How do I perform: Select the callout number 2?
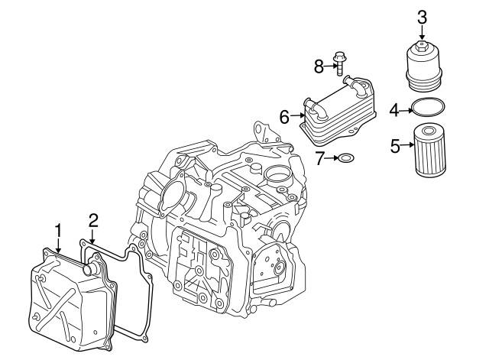(92, 221)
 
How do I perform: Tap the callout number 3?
(421, 15)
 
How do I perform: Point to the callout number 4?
(394, 111)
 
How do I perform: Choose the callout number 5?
(395, 145)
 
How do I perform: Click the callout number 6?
(284, 117)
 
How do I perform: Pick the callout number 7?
(321, 158)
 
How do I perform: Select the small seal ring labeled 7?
(346, 159)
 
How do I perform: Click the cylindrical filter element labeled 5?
(430, 151)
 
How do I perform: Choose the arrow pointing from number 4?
(406, 111)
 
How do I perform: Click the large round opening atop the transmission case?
(276, 172)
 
